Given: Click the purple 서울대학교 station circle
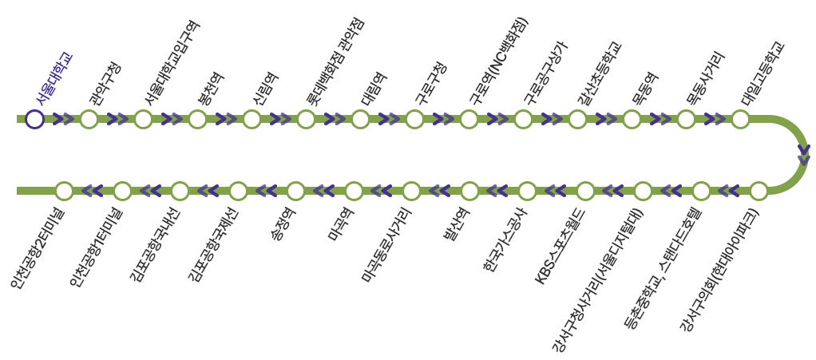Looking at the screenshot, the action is click(x=34, y=120).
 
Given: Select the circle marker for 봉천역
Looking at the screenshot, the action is click(x=197, y=120).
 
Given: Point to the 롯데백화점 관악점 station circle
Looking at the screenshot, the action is click(x=306, y=120).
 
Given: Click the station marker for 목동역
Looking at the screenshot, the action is click(x=632, y=120).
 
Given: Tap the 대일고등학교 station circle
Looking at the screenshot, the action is click(x=740, y=120).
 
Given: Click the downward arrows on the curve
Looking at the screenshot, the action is click(x=803, y=155).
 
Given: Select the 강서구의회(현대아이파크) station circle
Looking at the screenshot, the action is click(x=759, y=191).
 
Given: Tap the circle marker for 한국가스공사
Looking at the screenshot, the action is click(x=527, y=191).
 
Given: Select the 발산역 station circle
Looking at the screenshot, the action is click(x=469, y=191).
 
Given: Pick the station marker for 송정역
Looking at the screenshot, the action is click(x=295, y=191).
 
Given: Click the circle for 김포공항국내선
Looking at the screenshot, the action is click(x=180, y=191).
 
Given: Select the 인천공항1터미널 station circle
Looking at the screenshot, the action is click(x=122, y=191).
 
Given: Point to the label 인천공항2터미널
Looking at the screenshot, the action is click(x=38, y=247).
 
